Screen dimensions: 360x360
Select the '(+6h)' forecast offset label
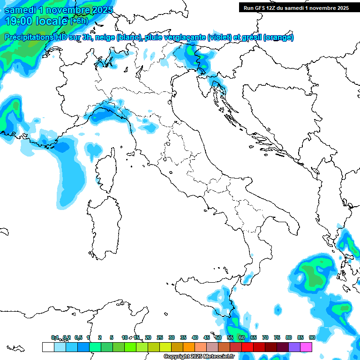click(79, 21)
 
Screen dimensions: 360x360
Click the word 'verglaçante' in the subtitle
click(184, 37)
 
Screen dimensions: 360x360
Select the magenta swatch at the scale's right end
click(306, 347)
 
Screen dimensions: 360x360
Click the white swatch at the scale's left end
click(48, 347)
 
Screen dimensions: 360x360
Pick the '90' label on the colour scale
click(312, 337)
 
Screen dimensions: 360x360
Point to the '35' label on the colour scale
click(183, 337)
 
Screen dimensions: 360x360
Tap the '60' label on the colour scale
click(242, 337)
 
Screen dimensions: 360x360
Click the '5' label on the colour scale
click(112, 337)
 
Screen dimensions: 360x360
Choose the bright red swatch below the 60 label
click(247, 347)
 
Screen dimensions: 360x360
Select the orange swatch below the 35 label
click(189, 347)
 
